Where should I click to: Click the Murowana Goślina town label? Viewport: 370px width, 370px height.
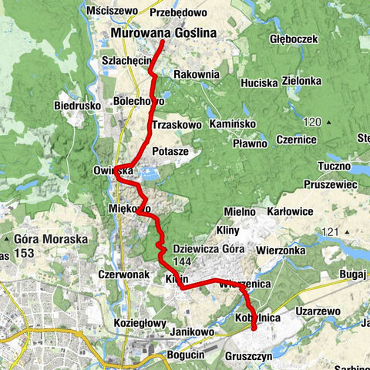point(163,33)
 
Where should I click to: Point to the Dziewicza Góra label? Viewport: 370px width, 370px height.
point(208,248)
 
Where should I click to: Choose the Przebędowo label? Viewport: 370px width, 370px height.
point(180,12)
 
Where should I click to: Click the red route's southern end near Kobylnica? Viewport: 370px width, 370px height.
point(254,329)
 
